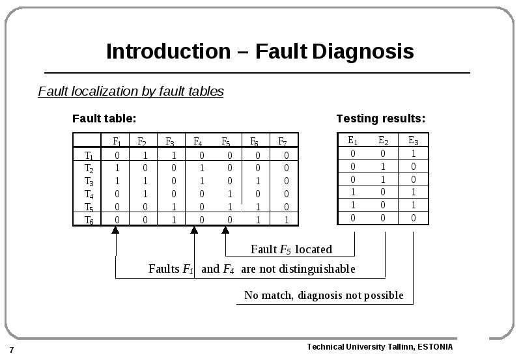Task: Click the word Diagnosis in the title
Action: tap(363, 51)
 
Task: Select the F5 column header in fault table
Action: tap(226, 142)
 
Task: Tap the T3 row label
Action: tap(89, 182)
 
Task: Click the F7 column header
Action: tap(283, 142)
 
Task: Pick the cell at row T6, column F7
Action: tap(286, 220)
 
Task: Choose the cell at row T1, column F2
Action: tap(145, 156)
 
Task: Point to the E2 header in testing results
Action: tap(384, 141)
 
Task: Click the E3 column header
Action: tap(414, 141)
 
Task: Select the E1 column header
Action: tap(353, 141)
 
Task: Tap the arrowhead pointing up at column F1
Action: tap(115, 230)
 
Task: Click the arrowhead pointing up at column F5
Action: tap(225, 230)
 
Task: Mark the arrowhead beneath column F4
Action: tap(194, 230)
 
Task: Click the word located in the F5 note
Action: tap(313, 249)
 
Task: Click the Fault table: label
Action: tap(104, 118)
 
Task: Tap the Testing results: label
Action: tap(381, 118)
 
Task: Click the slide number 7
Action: tap(12, 350)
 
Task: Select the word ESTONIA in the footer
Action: tap(435, 347)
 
